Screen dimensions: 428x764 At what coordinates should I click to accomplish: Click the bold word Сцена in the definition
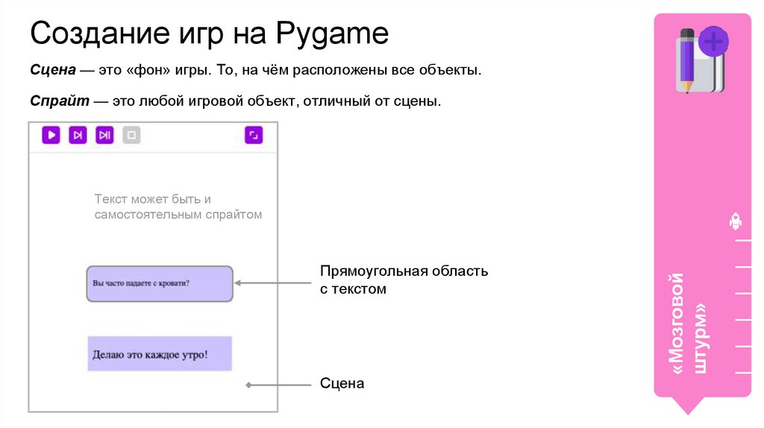[53, 71]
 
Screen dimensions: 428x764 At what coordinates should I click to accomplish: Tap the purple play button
[51, 135]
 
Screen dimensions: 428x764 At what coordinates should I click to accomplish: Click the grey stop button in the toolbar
[131, 135]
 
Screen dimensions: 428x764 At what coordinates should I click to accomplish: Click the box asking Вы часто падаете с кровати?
[160, 283]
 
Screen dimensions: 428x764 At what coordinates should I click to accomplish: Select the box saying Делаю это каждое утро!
[160, 353]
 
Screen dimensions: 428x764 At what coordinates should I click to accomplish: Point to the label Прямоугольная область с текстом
[404, 280]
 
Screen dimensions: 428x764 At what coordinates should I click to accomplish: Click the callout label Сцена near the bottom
[342, 384]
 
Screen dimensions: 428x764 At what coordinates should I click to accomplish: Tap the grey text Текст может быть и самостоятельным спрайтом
[178, 207]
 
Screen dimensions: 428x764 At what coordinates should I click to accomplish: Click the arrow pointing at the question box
[272, 283]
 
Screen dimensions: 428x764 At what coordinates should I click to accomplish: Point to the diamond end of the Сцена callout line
[249, 385]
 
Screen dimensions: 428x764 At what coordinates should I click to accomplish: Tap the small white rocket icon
[735, 221]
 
